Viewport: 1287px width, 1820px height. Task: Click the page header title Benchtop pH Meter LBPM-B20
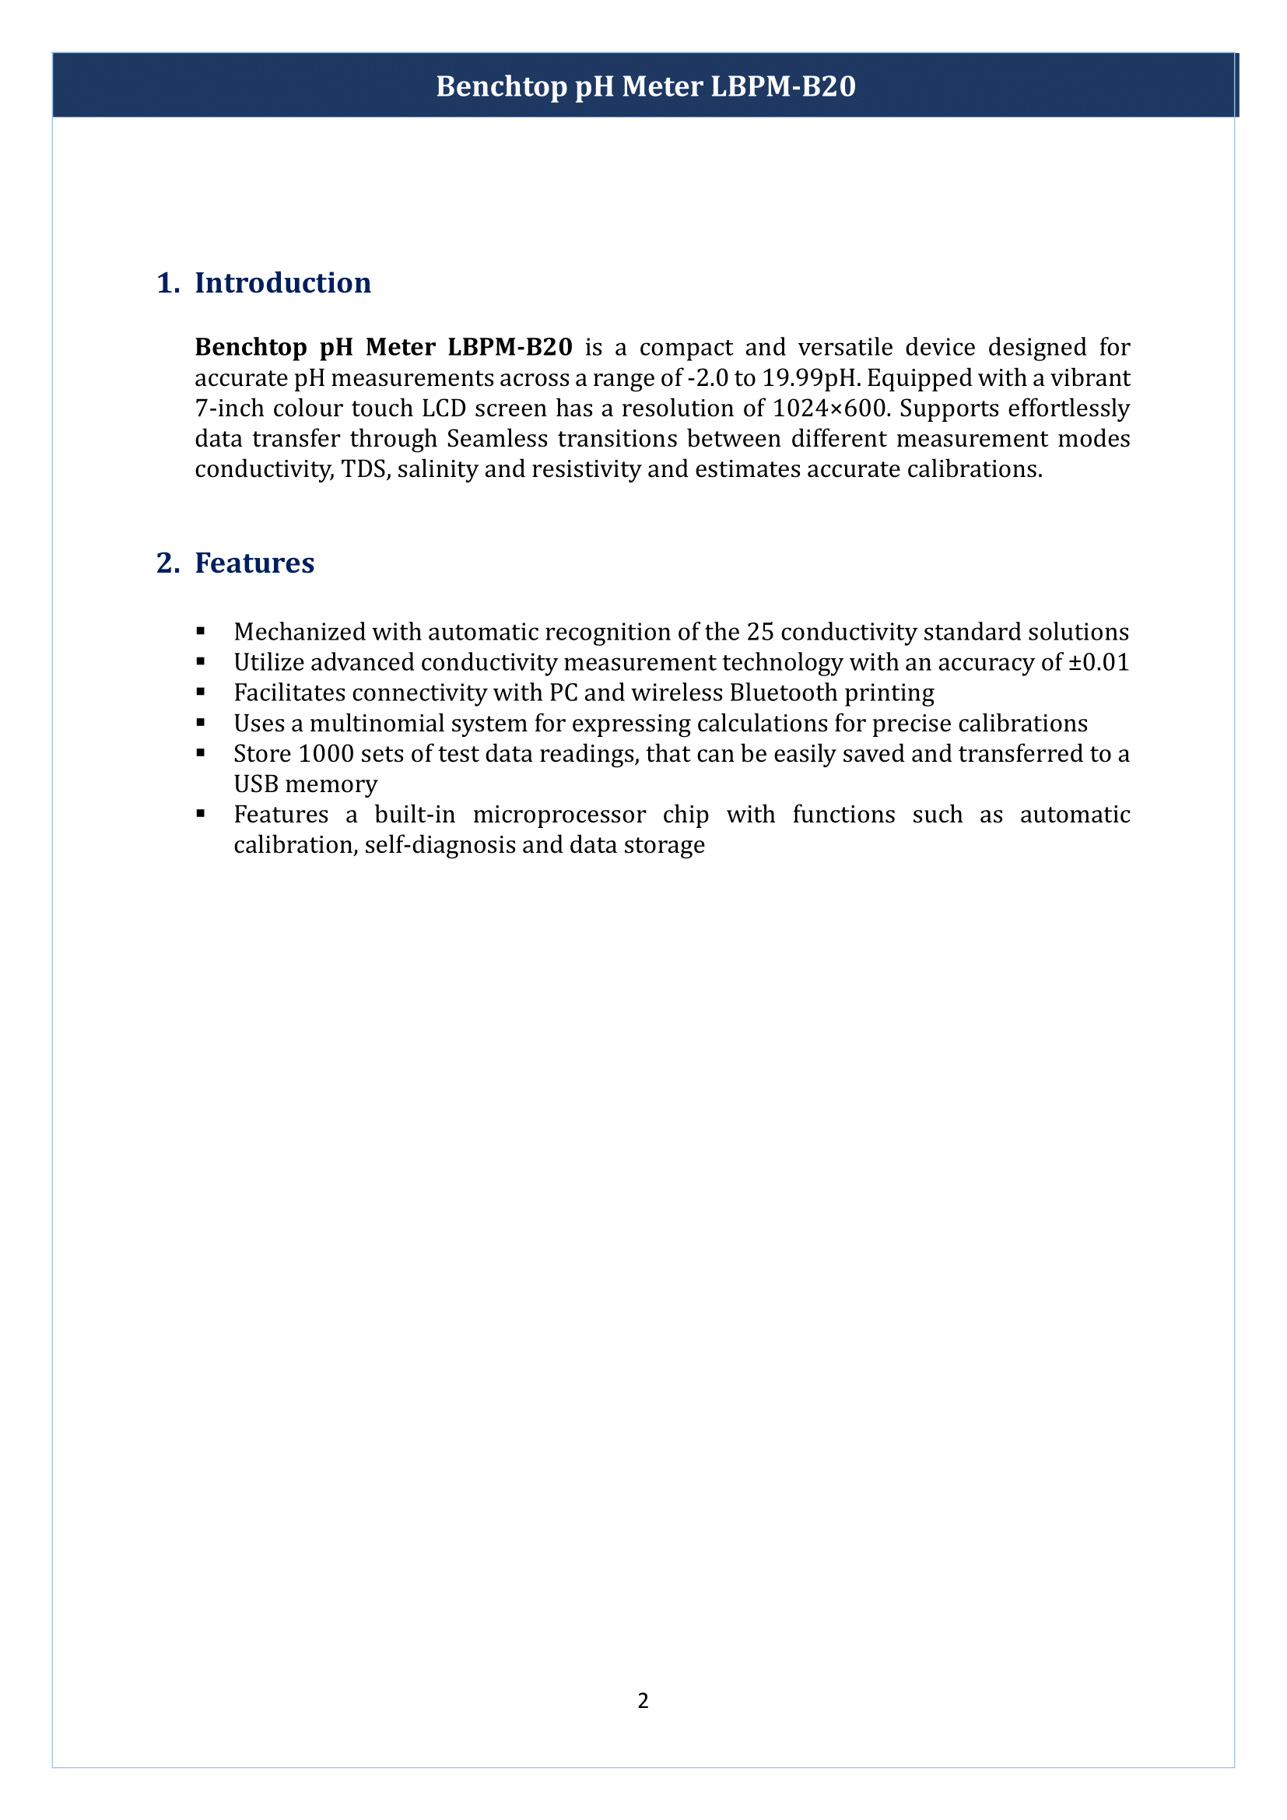coord(646,86)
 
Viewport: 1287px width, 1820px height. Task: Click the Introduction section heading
coord(283,283)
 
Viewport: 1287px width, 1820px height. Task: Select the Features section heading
coord(254,563)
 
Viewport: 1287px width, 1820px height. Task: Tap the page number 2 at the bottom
coord(643,1700)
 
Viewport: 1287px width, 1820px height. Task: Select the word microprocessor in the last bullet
coord(559,815)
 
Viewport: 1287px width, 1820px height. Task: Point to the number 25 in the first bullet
coord(759,633)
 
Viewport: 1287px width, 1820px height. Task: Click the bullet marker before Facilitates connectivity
coord(202,692)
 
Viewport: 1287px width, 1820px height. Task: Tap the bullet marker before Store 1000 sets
coord(202,753)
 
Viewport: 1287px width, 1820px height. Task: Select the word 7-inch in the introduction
coord(229,409)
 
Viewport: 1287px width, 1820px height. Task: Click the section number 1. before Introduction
coord(168,283)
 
